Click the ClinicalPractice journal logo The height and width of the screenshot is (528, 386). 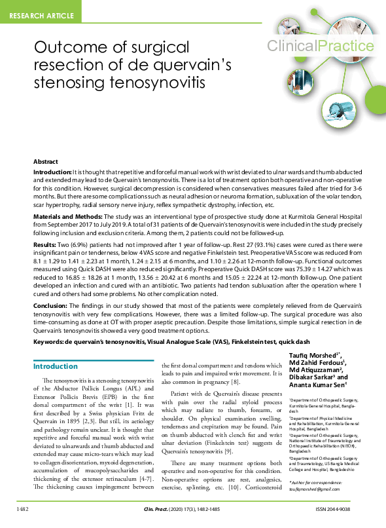(x=320, y=46)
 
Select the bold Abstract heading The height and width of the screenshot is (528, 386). (x=46, y=161)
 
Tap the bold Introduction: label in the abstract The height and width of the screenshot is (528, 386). (x=53, y=170)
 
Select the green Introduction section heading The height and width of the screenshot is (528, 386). (x=56, y=366)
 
